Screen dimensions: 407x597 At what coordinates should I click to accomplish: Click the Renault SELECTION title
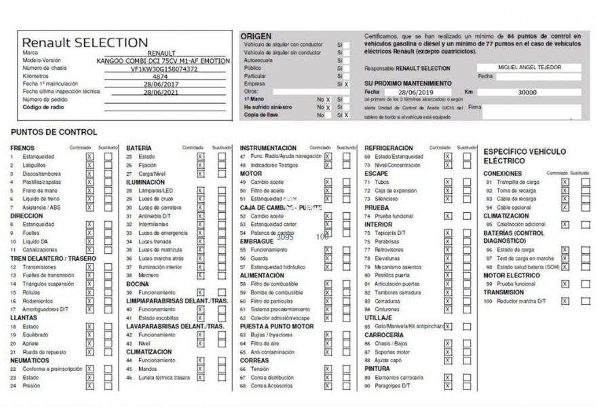(x=85, y=42)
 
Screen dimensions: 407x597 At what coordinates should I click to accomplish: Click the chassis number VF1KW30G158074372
(x=164, y=69)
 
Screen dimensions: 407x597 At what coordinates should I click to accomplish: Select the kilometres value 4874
(x=161, y=77)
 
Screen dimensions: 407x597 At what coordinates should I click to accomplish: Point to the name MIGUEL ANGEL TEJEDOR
(x=529, y=68)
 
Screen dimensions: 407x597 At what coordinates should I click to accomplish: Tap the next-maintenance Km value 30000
(x=527, y=92)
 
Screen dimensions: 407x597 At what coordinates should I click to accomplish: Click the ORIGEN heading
(x=256, y=36)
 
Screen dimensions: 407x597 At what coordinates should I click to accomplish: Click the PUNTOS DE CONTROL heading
(x=54, y=132)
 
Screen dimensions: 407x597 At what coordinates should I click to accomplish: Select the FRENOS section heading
(x=22, y=148)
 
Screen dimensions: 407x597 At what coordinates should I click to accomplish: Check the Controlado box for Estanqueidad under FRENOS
(x=90, y=156)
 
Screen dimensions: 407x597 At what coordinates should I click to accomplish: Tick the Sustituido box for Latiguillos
(x=109, y=165)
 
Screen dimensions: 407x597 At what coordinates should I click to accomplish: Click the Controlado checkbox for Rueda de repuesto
(x=90, y=352)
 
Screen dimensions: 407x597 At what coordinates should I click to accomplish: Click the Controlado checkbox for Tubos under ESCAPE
(x=448, y=182)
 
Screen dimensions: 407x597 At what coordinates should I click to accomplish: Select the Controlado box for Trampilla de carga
(x=565, y=182)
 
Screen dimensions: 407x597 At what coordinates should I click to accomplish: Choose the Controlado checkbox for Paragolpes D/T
(x=448, y=386)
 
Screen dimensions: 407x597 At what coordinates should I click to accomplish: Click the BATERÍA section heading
(x=139, y=148)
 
